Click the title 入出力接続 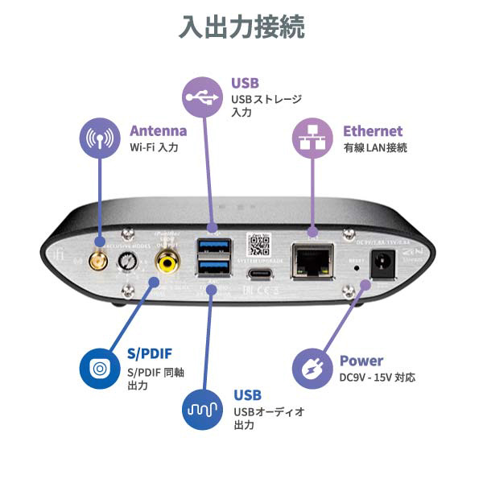pyautogui.click(x=242, y=27)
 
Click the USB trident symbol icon pyautogui.click(x=203, y=97)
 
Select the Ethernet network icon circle pyautogui.click(x=312, y=138)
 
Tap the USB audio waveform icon pyautogui.click(x=203, y=410)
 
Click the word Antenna pyautogui.click(x=158, y=130)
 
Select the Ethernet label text pyautogui.click(x=373, y=130)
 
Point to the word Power pyautogui.click(x=361, y=361)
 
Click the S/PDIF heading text pyautogui.click(x=151, y=354)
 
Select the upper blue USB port pyautogui.click(x=213, y=246)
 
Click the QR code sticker pyautogui.click(x=258, y=244)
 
